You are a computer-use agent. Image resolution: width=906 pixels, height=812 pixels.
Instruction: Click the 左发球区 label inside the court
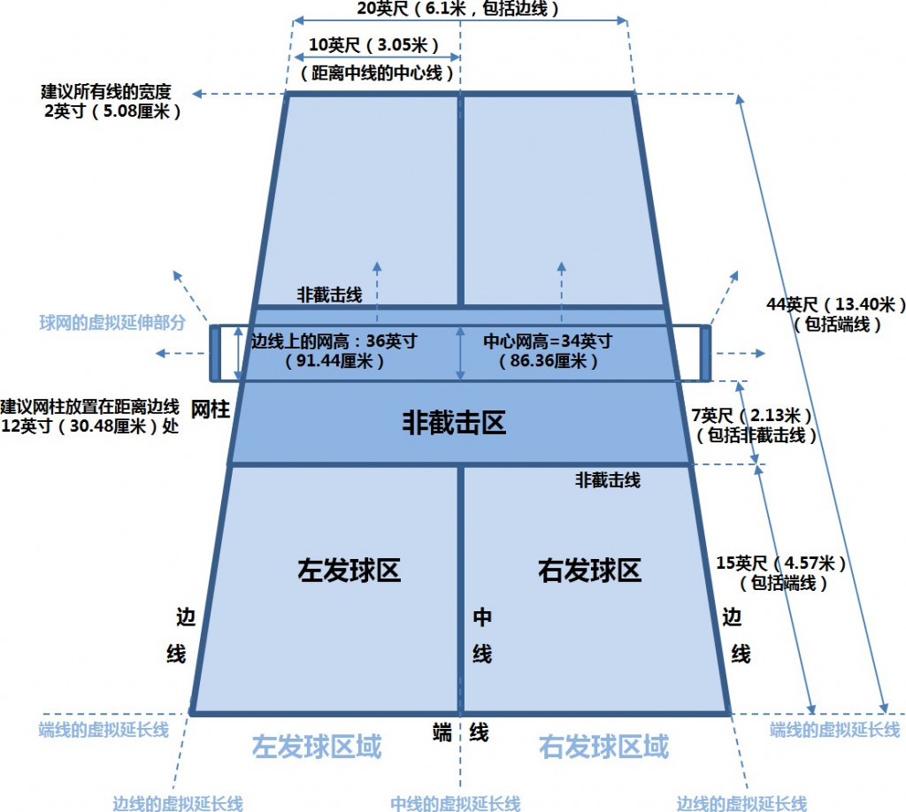tap(349, 570)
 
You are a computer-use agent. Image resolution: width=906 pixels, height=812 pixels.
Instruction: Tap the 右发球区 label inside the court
tap(589, 570)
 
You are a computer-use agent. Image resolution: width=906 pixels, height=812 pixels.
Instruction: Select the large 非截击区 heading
tap(454, 422)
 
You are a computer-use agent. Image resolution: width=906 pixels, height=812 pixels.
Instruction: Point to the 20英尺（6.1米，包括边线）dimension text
tap(457, 9)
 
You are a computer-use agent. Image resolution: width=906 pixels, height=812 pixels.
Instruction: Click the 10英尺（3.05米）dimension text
tap(374, 45)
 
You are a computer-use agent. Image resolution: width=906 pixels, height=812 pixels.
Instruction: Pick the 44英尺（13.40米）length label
tap(835, 304)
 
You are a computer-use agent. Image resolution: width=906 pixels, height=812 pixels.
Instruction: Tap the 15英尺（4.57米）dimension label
tap(781, 563)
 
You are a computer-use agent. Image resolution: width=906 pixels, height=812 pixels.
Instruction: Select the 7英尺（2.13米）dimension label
tap(752, 415)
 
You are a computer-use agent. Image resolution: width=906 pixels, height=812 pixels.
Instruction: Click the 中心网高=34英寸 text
tap(548, 341)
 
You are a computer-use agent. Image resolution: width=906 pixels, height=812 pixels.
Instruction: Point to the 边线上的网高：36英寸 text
tap(334, 341)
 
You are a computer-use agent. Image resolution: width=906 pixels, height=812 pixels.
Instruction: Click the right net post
tap(705, 354)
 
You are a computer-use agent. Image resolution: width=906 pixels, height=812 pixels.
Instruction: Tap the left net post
tap(215, 354)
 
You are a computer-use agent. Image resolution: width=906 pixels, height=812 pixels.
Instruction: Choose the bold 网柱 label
tap(211, 410)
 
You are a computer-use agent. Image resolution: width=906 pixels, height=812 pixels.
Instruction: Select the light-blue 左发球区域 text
tap(317, 747)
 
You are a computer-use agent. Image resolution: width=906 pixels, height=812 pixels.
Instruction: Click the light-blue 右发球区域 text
tap(603, 747)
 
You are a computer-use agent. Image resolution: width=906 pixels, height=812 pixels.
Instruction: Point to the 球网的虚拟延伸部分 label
tap(112, 322)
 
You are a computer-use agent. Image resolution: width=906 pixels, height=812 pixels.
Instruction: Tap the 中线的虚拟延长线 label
tap(456, 803)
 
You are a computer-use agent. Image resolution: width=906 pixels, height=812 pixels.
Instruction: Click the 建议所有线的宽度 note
tap(106, 91)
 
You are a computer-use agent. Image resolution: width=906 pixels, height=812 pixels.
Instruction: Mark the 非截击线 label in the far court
tap(329, 295)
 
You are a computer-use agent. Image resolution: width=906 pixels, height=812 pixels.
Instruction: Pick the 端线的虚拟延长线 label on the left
tap(104, 730)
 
